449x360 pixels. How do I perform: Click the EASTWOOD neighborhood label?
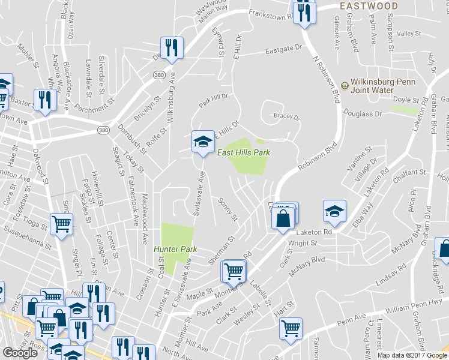click(x=368, y=6)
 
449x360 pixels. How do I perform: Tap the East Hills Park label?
click(x=244, y=153)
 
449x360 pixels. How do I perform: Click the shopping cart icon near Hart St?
click(x=291, y=329)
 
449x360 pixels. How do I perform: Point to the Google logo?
click(x=20, y=353)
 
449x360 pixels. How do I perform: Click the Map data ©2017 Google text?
click(x=413, y=355)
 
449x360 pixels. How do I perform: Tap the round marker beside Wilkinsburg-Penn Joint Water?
click(x=345, y=83)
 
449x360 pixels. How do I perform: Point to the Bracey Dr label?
click(x=286, y=117)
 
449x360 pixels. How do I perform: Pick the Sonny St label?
click(x=228, y=208)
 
